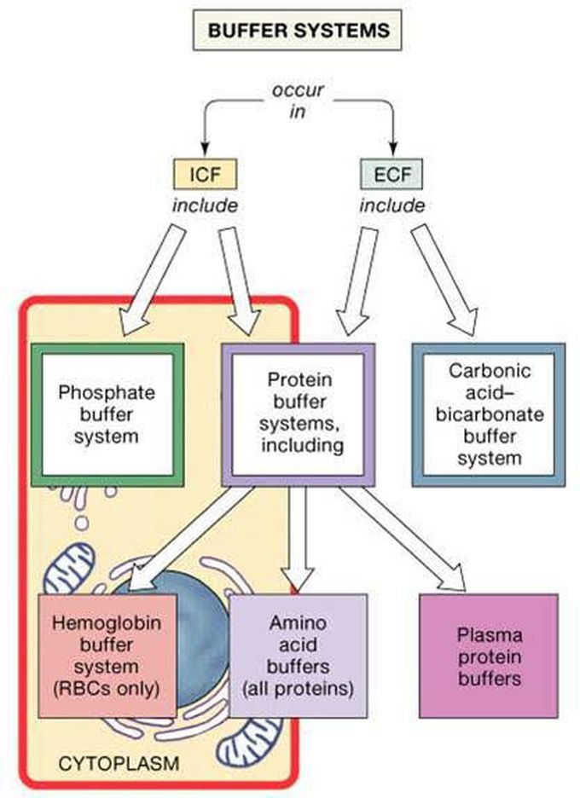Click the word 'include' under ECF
pyautogui.click(x=391, y=205)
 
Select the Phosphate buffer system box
pyautogui.click(x=107, y=413)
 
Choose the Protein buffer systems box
pyautogui.click(x=299, y=413)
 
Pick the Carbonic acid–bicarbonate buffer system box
pyautogui.click(x=488, y=413)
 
